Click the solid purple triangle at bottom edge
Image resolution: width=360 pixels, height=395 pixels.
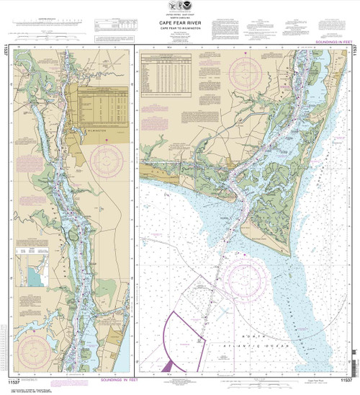[x=168, y=367]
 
